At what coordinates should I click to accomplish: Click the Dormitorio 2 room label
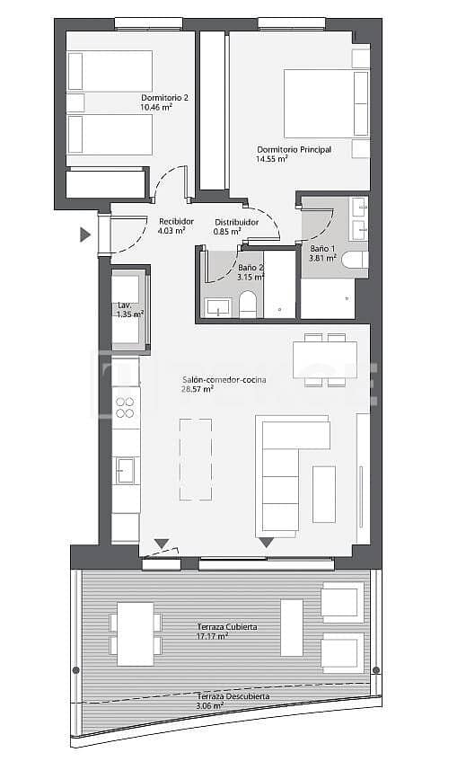(x=164, y=97)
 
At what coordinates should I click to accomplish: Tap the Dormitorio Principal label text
(x=294, y=149)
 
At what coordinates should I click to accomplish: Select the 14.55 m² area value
(x=271, y=159)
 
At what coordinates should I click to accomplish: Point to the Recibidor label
(x=176, y=221)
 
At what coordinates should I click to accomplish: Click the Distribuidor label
(x=237, y=221)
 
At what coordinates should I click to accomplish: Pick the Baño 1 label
(x=322, y=248)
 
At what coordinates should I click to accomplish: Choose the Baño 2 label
(x=251, y=268)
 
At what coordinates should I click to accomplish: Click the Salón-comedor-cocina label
(x=223, y=380)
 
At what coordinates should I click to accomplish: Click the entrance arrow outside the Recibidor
(x=85, y=235)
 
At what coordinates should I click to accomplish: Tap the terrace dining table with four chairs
(x=136, y=633)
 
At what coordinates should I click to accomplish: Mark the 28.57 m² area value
(x=198, y=390)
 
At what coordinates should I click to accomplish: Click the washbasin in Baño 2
(x=218, y=308)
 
